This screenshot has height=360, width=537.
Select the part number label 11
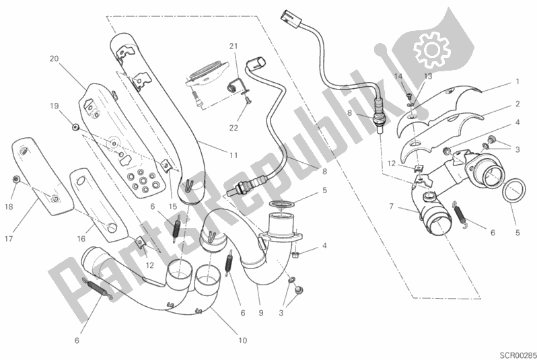(x=233, y=155)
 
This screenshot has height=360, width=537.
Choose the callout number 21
(x=233, y=46)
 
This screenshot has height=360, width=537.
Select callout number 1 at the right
(x=517, y=81)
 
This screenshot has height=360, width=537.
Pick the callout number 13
(x=427, y=77)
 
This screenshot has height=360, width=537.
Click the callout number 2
(x=517, y=104)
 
